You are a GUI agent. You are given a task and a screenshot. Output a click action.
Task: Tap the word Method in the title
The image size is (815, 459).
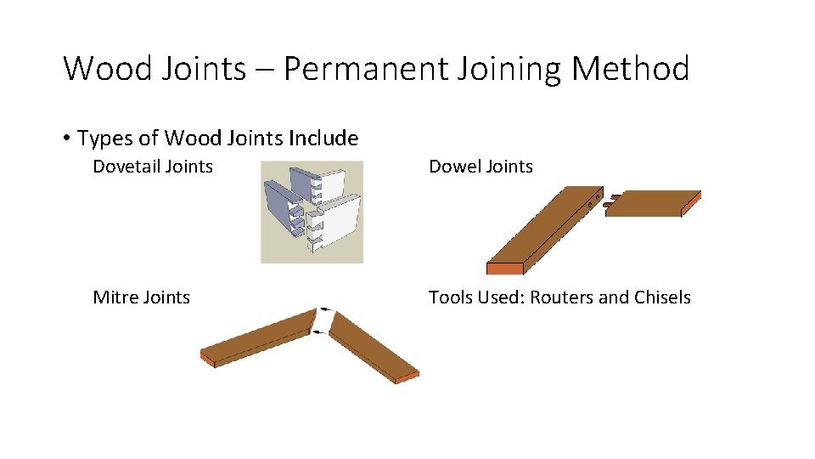[x=630, y=68]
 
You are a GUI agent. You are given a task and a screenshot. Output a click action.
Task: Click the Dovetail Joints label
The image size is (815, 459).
[x=153, y=167]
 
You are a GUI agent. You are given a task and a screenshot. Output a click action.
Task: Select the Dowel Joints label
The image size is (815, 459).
[x=481, y=167]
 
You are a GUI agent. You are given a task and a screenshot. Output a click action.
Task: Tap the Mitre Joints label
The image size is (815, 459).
[x=141, y=297]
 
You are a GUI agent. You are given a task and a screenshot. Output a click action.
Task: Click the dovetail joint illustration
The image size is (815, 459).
[x=312, y=212]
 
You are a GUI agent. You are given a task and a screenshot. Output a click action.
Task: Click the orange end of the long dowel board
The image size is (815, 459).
[x=504, y=269]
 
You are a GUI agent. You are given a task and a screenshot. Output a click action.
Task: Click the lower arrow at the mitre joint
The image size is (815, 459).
[x=318, y=333]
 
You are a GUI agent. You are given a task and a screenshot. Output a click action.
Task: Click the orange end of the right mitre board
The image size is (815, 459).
[x=407, y=377]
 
